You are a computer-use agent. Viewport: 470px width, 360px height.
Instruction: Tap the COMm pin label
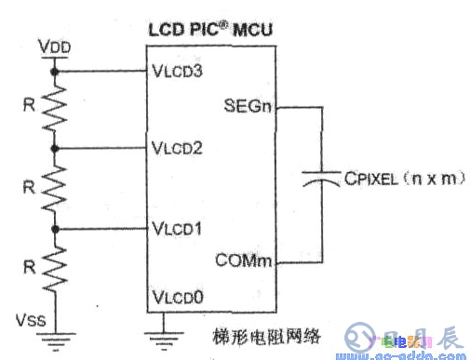247,261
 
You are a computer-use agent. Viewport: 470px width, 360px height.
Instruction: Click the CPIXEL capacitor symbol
321,183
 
